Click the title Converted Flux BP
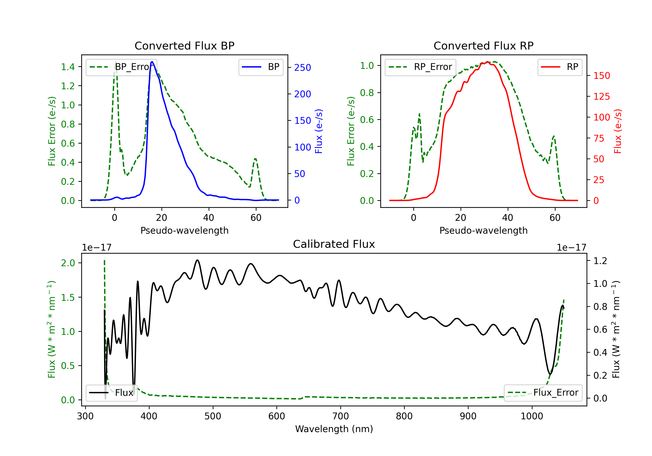pyautogui.click(x=185, y=46)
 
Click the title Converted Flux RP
pyautogui.click(x=484, y=46)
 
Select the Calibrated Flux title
pyautogui.click(x=334, y=244)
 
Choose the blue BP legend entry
pyautogui.click(x=261, y=67)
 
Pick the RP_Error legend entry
pyautogui.click(x=421, y=67)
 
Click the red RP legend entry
pyautogui.click(x=560, y=67)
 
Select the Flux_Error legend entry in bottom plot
pyautogui.click(x=543, y=393)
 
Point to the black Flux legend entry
pyautogui.click(x=111, y=393)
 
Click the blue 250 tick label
pyautogui.click(x=303, y=68)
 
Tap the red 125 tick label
pyautogui.click(x=601, y=96)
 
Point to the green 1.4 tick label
pyautogui.click(x=68, y=67)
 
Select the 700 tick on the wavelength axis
pyautogui.click(x=340, y=416)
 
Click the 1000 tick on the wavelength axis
pyautogui.click(x=532, y=416)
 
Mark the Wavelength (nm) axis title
pyautogui.click(x=334, y=429)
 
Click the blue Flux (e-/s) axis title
pyautogui.click(x=319, y=131)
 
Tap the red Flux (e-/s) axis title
pyautogui.click(x=618, y=131)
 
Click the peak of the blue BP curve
pyautogui.click(x=152, y=62)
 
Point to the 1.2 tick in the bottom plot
pyautogui.click(x=600, y=261)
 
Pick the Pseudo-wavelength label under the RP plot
pyautogui.click(x=484, y=230)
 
